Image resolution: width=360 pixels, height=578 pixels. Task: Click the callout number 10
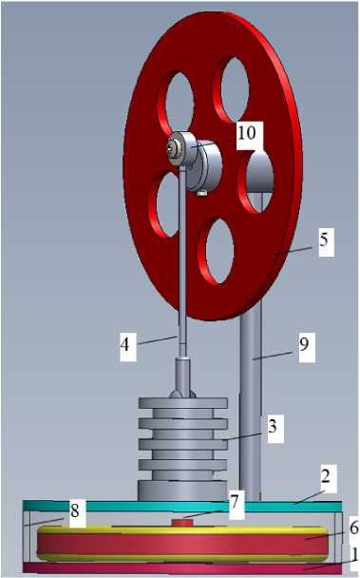(247, 133)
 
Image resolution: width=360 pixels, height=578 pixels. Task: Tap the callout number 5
(324, 240)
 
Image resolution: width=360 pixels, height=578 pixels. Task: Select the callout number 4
(125, 345)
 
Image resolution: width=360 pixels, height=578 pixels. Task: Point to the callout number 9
(304, 345)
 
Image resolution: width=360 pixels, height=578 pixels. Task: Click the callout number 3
(273, 426)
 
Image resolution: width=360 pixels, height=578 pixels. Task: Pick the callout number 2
(326, 477)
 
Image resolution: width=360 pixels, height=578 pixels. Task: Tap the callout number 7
(235, 503)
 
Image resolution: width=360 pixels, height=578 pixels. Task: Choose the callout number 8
(75, 511)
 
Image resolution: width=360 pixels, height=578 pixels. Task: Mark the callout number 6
(354, 529)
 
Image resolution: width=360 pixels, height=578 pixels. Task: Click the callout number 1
(354, 553)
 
